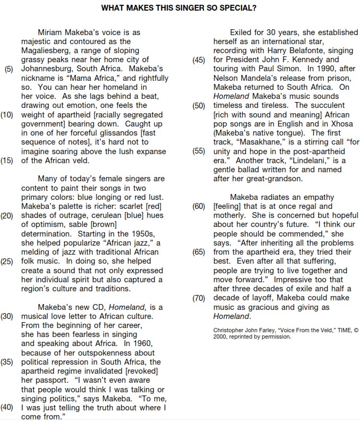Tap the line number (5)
click(10, 69)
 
